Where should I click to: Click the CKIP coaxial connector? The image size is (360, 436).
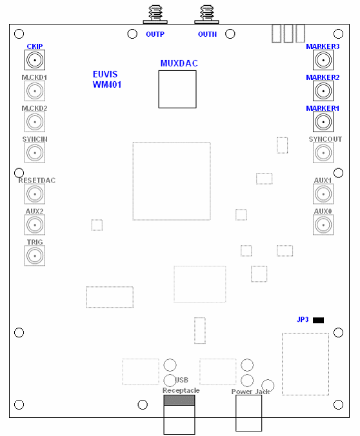tap(35, 60)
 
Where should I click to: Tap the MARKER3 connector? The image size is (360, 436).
tap(323, 60)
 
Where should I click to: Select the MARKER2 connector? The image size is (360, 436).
tap(323, 91)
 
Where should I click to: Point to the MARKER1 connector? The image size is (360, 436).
tap(323, 122)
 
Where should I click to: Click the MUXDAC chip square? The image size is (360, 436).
tap(177, 89)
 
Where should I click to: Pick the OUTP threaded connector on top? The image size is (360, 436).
tap(155, 14)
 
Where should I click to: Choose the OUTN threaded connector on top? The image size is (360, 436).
tap(206, 14)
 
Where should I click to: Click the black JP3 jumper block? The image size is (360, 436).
tap(318, 321)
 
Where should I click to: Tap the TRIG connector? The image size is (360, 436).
tap(35, 256)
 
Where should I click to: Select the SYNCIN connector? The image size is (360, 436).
tap(35, 153)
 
